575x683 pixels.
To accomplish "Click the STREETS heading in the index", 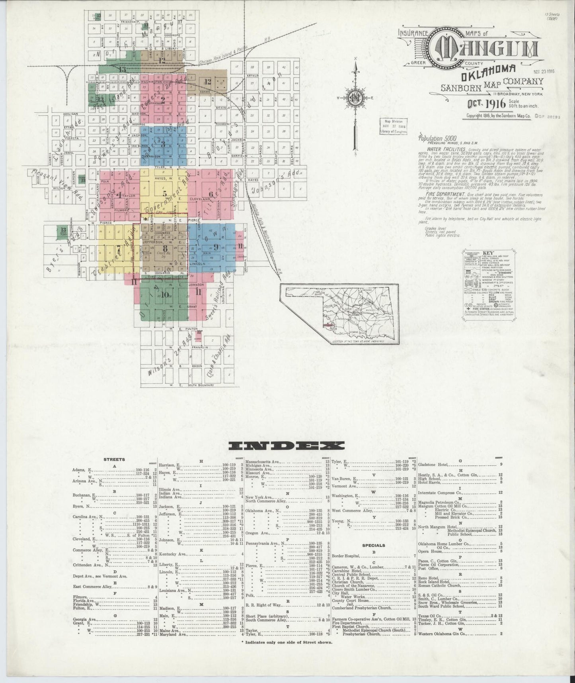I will tap(114, 459).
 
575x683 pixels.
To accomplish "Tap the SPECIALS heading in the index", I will tap(373, 545).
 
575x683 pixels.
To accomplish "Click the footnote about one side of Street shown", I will tap(287, 642).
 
